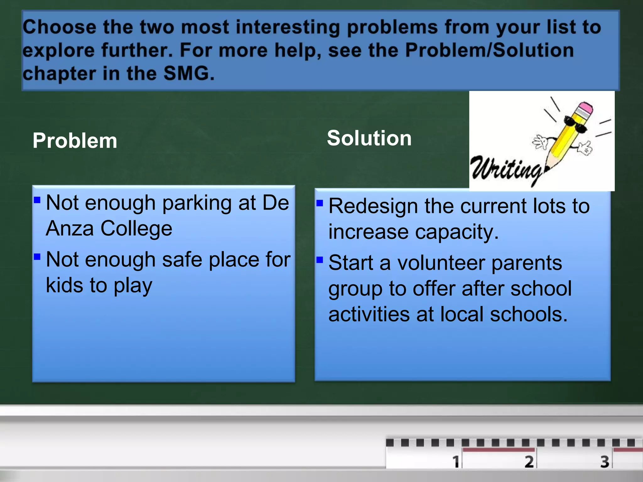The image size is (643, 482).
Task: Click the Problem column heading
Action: point(75,141)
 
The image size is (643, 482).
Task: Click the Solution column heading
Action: point(369,138)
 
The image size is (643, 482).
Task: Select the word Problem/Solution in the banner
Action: point(489,50)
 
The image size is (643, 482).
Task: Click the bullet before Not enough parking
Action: point(37,200)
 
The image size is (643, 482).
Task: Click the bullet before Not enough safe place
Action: point(37,257)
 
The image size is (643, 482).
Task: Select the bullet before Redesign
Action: point(320,203)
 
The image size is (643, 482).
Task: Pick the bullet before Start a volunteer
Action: point(320,260)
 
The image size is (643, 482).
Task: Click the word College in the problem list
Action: point(136,228)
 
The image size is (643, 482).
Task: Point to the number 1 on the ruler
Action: point(456,462)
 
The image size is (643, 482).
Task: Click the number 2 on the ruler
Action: point(529,462)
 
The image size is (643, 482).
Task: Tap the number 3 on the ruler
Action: point(605,462)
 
